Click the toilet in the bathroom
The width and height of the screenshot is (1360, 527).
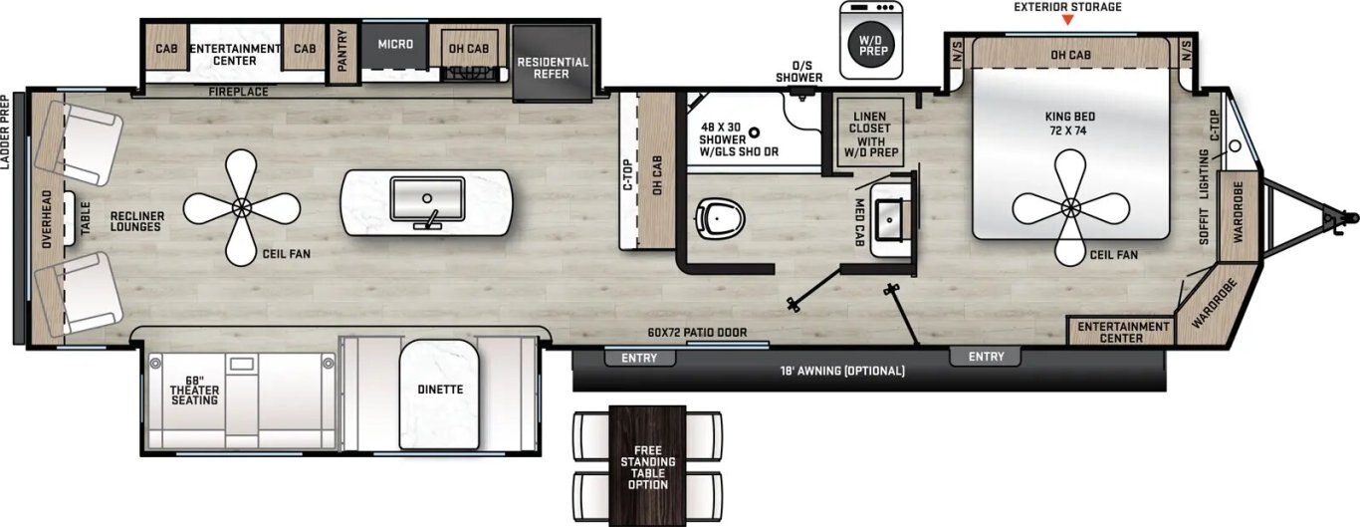click(720, 219)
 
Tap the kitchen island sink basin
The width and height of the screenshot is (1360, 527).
click(427, 198)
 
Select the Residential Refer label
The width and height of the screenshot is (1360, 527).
click(553, 68)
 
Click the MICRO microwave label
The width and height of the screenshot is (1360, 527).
click(395, 45)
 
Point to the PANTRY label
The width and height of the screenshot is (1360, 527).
click(341, 51)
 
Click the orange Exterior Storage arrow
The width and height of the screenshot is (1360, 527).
click(1067, 20)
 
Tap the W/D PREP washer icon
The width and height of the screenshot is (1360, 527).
click(872, 40)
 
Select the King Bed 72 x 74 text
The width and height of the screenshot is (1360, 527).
click(1070, 124)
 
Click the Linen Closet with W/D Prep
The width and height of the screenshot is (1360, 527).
click(870, 133)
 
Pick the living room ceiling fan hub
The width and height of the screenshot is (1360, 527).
click(242, 208)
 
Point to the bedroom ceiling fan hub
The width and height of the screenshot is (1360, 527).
click(1070, 208)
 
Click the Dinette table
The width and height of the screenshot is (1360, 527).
click(439, 395)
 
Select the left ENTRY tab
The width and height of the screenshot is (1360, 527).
click(639, 358)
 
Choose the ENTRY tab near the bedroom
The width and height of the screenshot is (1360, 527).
click(986, 357)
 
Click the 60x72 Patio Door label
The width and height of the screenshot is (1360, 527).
click(697, 333)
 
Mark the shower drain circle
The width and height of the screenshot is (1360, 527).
click(755, 132)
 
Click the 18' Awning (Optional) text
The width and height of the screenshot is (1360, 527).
click(842, 371)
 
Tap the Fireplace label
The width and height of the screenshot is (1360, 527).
click(238, 92)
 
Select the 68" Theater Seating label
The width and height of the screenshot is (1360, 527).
click(194, 391)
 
